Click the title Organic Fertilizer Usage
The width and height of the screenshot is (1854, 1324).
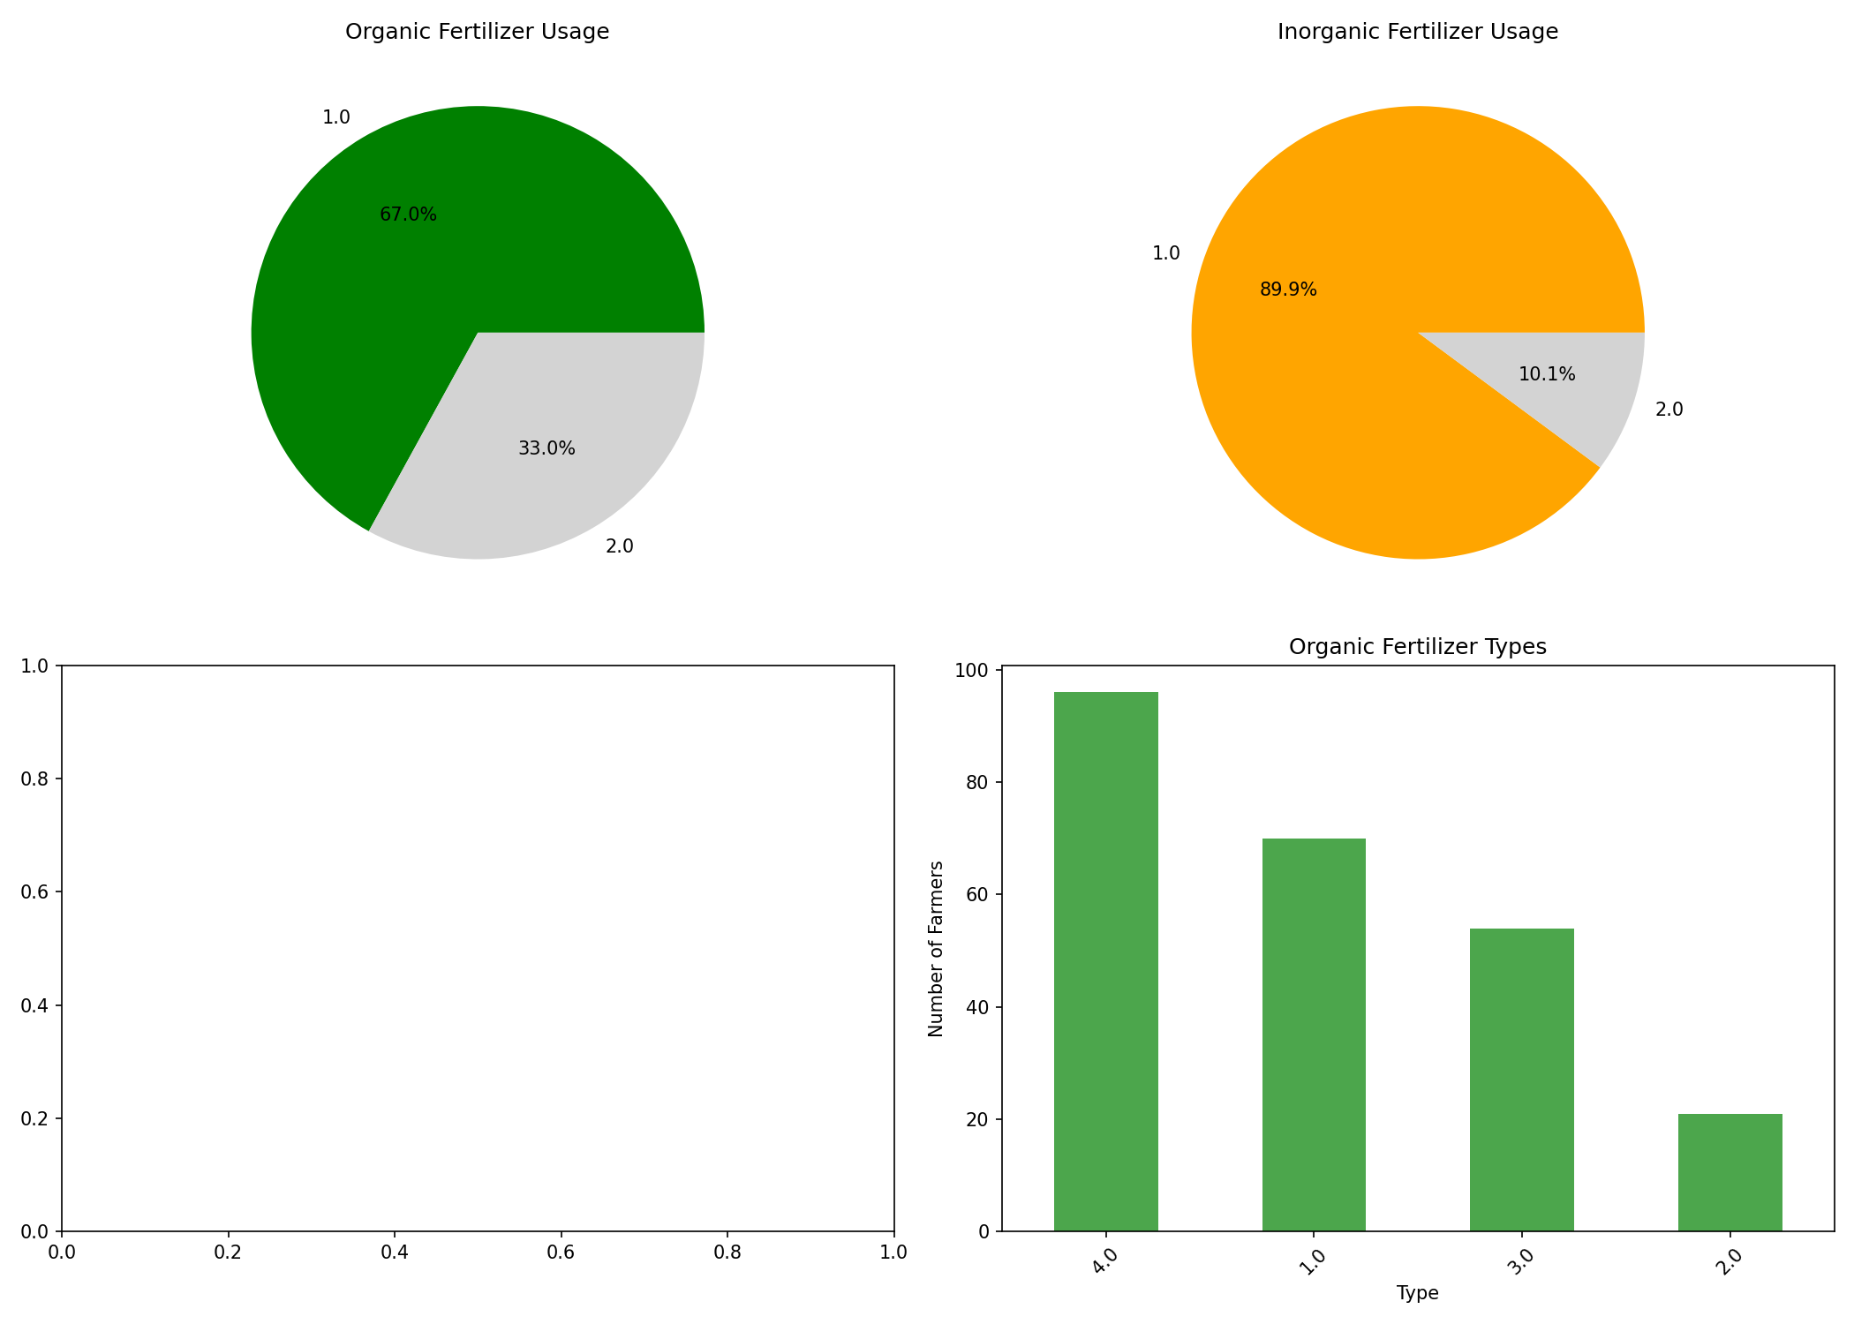477,32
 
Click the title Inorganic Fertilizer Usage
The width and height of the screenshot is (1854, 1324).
1417,32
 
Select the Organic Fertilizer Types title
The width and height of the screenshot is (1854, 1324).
1417,647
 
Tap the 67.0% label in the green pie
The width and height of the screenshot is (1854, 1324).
408,214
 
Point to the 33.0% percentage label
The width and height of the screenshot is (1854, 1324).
546,448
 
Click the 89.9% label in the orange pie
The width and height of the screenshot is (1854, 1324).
1288,290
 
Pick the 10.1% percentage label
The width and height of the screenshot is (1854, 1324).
1547,374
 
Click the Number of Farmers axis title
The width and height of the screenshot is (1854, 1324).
936,949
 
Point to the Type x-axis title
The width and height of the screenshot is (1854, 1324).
1417,1293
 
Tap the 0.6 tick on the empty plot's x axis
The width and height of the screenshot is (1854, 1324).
561,1251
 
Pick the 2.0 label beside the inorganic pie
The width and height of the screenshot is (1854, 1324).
1669,410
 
